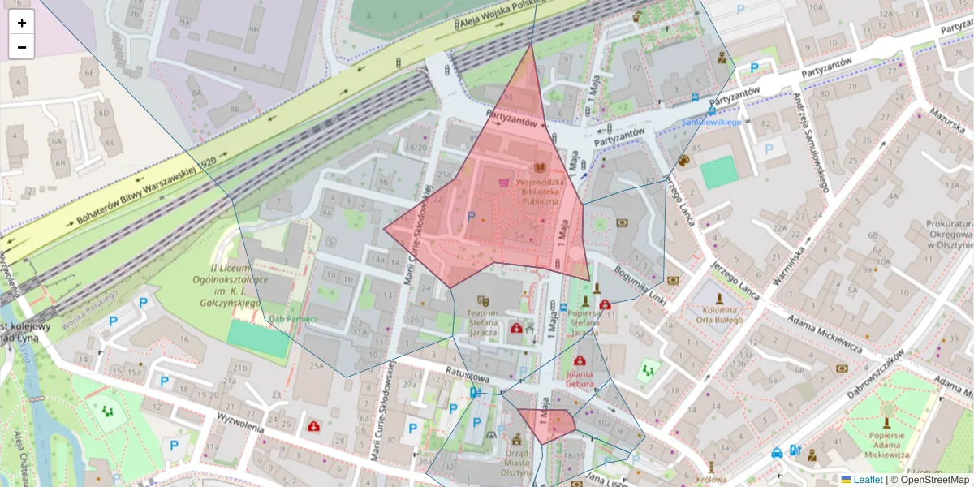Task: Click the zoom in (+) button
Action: pyautogui.click(x=22, y=23)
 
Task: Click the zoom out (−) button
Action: pyautogui.click(x=22, y=47)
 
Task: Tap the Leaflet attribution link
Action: pyautogui.click(x=867, y=480)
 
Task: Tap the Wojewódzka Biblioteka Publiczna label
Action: pyautogui.click(x=528, y=192)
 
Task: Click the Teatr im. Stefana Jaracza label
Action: pyautogui.click(x=481, y=317)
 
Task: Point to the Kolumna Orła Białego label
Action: pyautogui.click(x=720, y=315)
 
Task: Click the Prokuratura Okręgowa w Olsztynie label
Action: pyautogui.click(x=937, y=234)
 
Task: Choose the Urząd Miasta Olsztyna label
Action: pyautogui.click(x=493, y=458)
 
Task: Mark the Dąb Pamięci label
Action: pyautogui.click(x=292, y=319)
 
